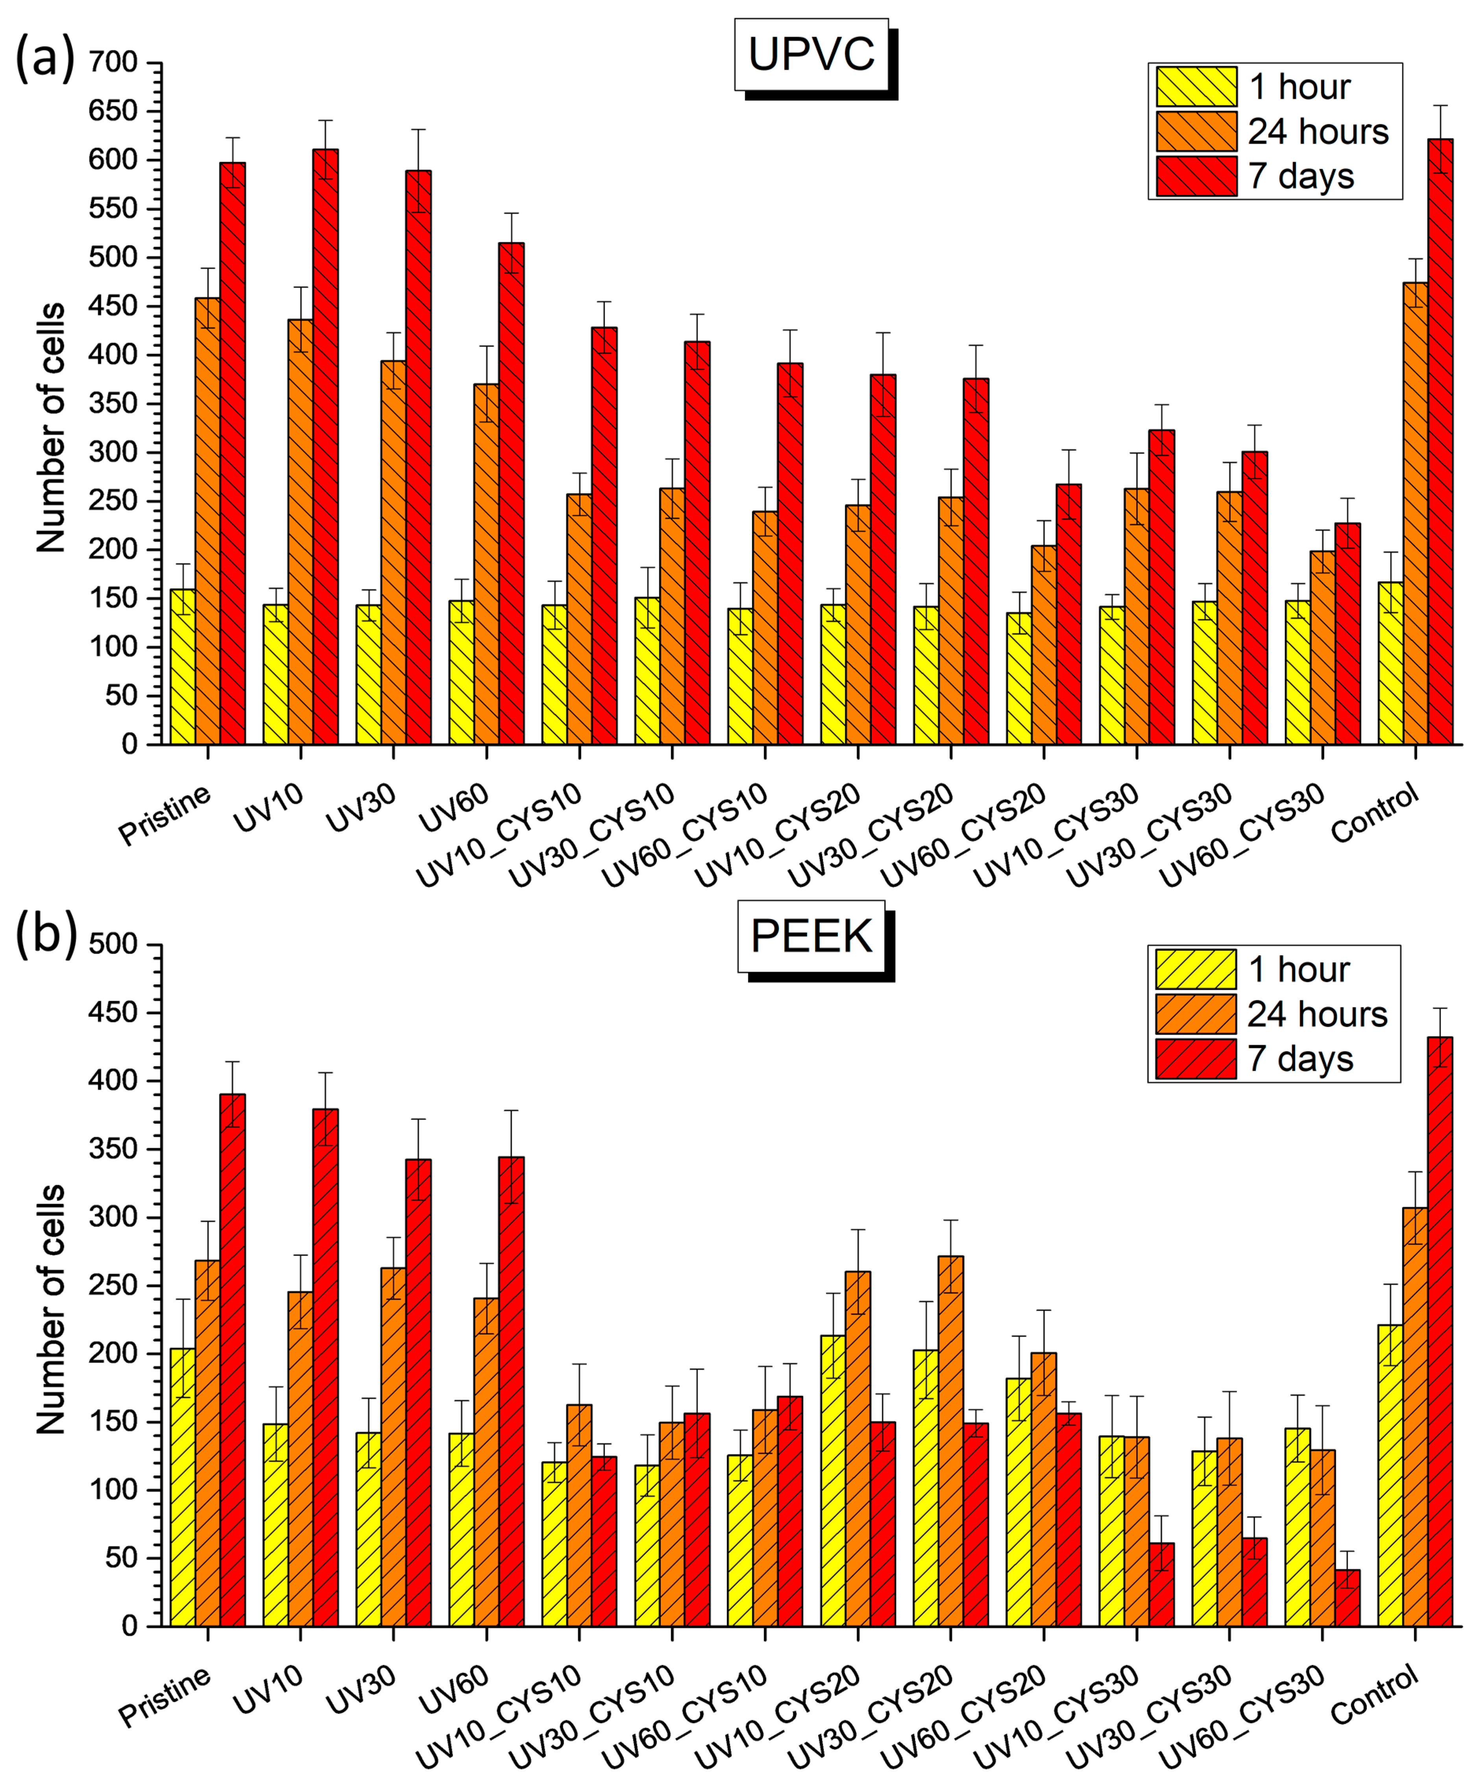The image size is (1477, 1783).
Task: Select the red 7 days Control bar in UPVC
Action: point(1440,441)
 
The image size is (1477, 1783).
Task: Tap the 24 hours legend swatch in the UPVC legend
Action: point(1196,132)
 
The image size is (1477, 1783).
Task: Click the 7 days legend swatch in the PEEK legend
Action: point(1195,1059)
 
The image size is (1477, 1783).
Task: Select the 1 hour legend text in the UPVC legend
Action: point(1300,87)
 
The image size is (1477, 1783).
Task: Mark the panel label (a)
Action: point(45,59)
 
